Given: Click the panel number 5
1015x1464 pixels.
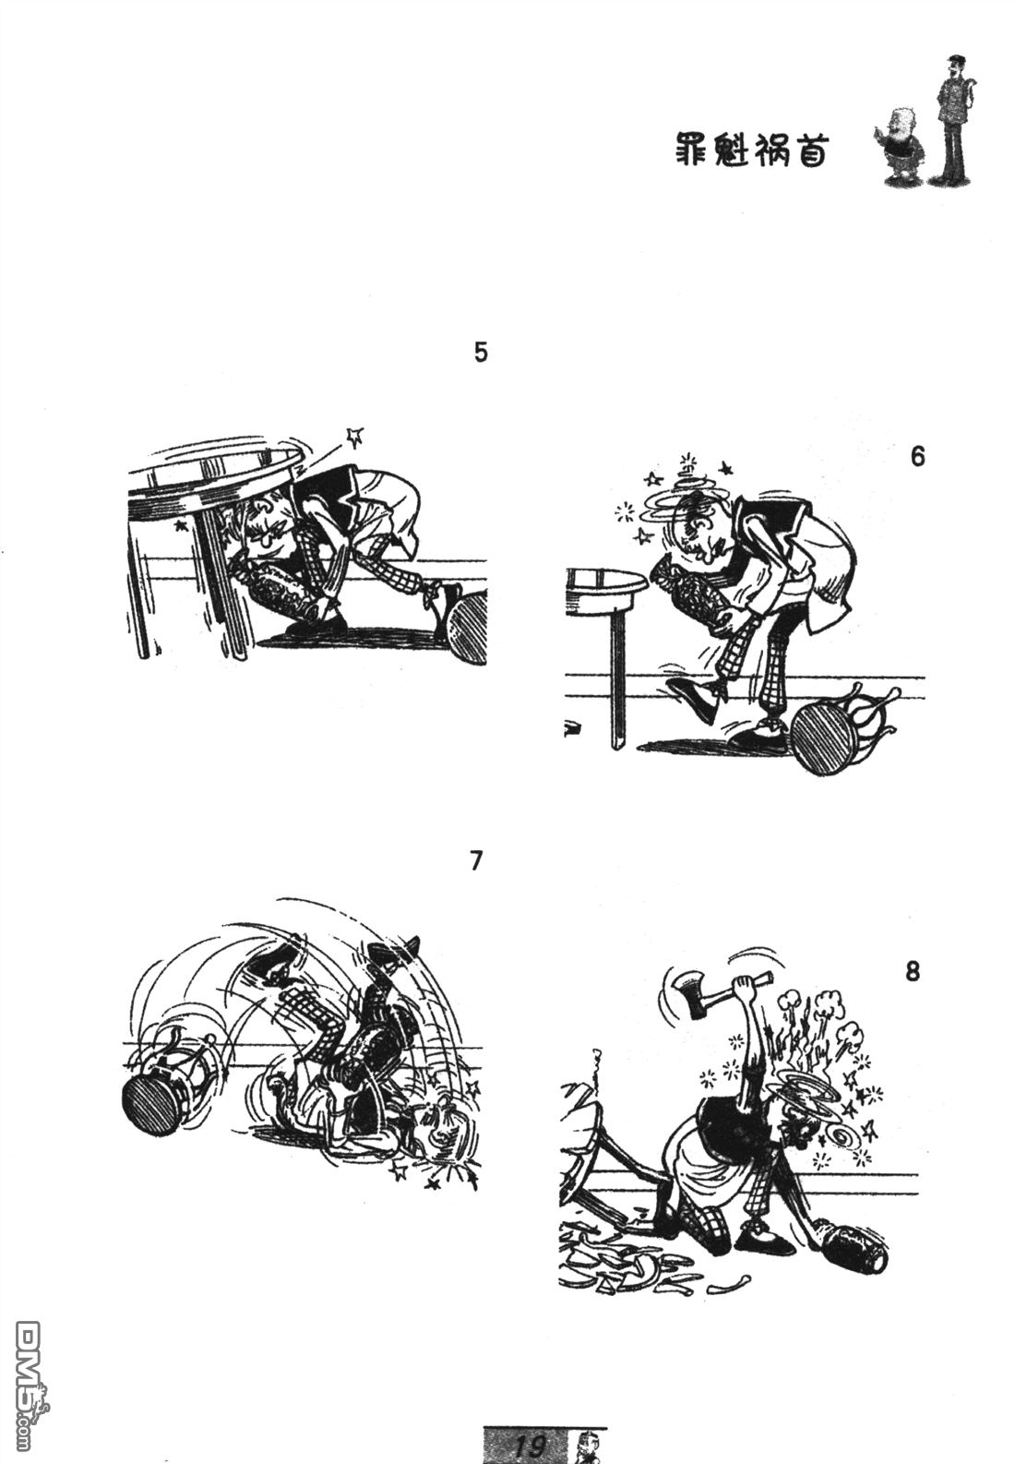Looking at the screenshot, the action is pyautogui.click(x=480, y=353).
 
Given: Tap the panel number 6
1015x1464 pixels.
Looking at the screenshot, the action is pyautogui.click(x=917, y=457).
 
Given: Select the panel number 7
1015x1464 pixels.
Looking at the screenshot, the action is pyautogui.click(x=476, y=861).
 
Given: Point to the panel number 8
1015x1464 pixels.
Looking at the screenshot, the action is pyautogui.click(x=913, y=972).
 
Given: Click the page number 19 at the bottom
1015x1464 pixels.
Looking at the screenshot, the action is pyautogui.click(x=530, y=1446).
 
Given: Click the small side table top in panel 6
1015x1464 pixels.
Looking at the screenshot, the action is pyautogui.click(x=604, y=585).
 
